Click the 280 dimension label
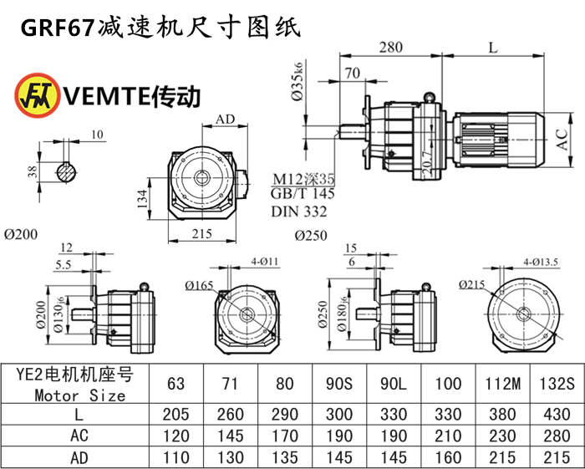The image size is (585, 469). coord(390,48)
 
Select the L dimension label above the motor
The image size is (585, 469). coord(492,48)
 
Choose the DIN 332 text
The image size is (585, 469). coord(298,210)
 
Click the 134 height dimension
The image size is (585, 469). coord(143,199)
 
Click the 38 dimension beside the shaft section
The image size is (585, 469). coord(33,172)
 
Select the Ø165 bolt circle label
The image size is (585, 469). coord(199,286)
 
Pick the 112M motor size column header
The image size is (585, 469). coord(503,385)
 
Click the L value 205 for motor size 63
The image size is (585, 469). coord(176,415)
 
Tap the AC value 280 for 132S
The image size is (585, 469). coord(555,436)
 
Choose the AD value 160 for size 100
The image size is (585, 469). coord(448,457)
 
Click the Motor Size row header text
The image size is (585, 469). coord(80,395)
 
